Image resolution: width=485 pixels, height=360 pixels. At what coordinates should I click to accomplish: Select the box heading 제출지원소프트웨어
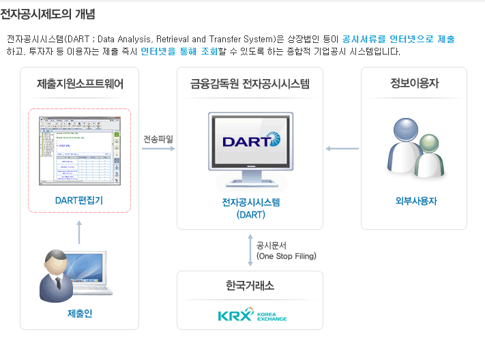[x=80, y=85]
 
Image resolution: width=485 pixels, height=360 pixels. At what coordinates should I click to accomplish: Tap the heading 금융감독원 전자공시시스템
[x=250, y=85]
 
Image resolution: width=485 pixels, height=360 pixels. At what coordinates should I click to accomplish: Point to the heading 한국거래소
[x=250, y=286]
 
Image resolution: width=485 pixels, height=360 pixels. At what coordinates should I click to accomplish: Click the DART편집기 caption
[x=79, y=200]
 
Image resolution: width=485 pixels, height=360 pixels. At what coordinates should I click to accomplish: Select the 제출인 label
[x=79, y=314]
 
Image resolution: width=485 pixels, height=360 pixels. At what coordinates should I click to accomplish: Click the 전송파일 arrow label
[x=158, y=139]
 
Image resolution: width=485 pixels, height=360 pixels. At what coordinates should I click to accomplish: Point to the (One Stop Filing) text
[x=286, y=256]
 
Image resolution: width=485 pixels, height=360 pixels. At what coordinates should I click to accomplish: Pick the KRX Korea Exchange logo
[x=252, y=316]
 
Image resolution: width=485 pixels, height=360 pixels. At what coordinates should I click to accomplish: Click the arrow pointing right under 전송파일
[x=158, y=149]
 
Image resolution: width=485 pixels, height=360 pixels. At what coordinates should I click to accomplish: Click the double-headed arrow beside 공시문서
[x=250, y=250]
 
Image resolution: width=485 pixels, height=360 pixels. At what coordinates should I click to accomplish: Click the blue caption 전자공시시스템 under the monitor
[x=250, y=202]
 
